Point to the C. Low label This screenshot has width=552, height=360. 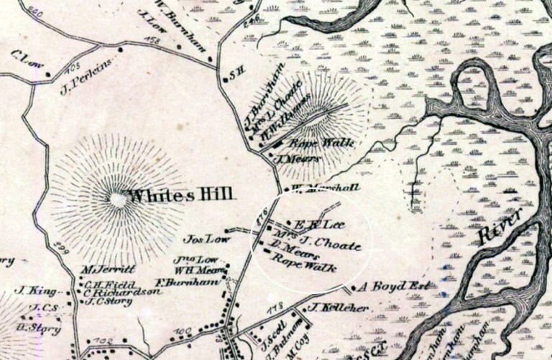tap(26, 55)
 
